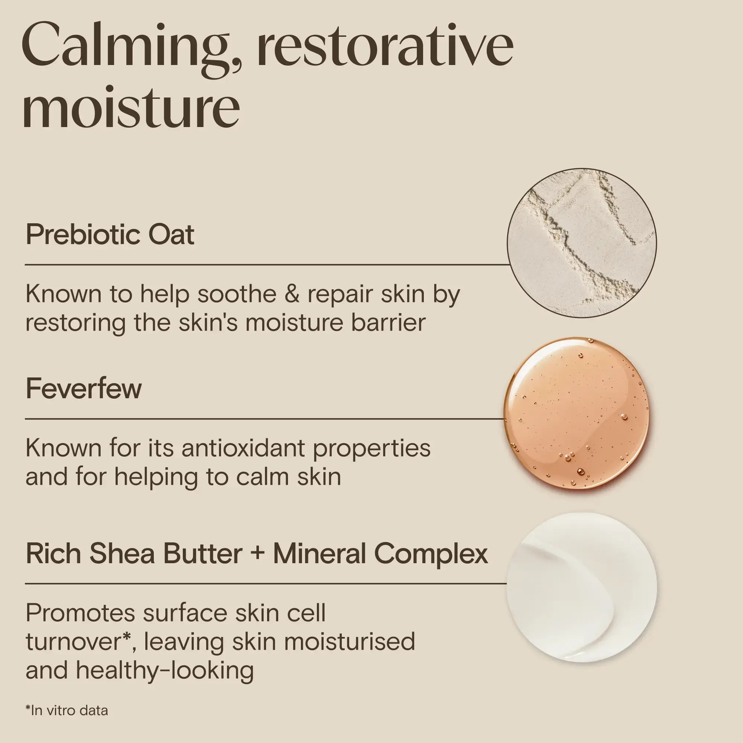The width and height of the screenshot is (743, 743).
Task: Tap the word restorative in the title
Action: [x=385, y=48]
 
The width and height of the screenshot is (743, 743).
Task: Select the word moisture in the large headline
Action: [x=131, y=108]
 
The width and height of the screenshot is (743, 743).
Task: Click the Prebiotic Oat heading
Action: [x=110, y=234]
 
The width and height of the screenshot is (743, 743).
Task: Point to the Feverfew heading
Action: [x=84, y=389]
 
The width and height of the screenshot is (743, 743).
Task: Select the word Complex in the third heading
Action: [x=431, y=554]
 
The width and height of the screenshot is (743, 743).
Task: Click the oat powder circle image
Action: [x=581, y=243]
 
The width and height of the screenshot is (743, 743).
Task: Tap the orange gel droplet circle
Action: [x=576, y=413]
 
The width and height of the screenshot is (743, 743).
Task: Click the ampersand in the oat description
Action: [x=292, y=294]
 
